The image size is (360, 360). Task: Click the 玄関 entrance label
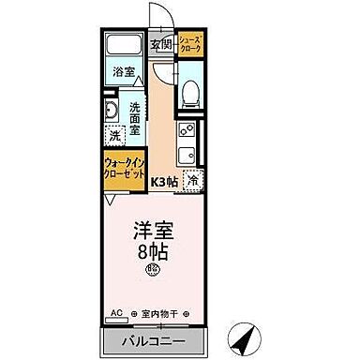[160, 44]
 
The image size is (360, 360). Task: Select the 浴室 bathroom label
[123, 71]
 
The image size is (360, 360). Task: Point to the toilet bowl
[189, 92]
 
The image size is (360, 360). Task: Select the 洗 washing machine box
[113, 136]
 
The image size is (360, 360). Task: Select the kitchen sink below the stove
[186, 154]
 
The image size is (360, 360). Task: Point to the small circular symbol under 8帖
[150, 272]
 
